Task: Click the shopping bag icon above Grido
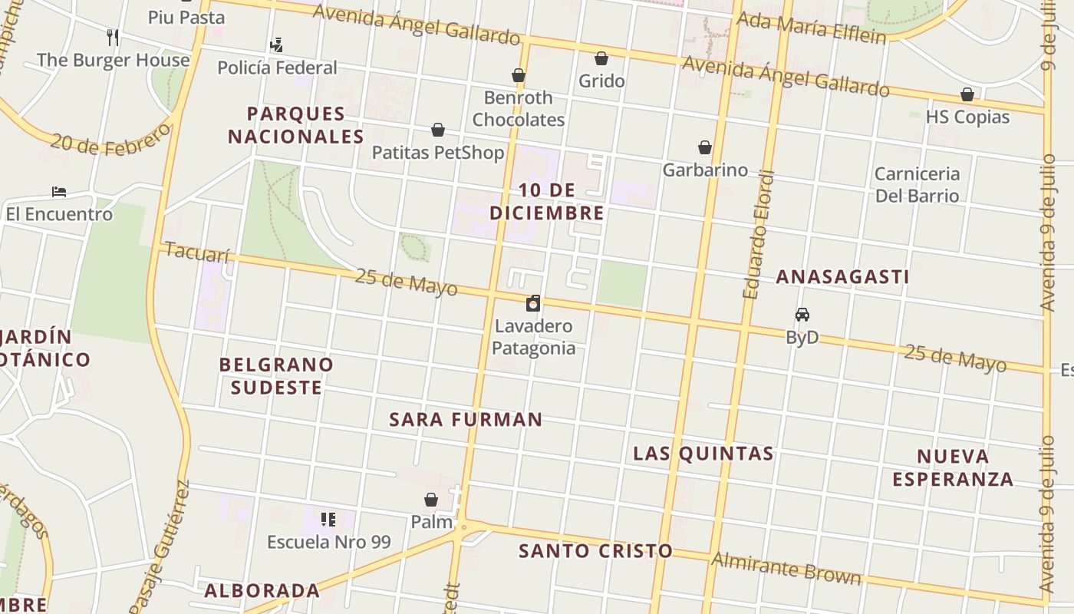pos(601,58)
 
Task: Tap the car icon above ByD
pos(802,315)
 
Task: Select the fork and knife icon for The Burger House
pos(113,37)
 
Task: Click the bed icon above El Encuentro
pos(59,191)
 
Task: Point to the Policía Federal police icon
pos(276,45)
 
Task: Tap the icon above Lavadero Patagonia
pos(533,303)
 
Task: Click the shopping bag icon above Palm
pos(431,500)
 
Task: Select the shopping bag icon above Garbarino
pos(704,147)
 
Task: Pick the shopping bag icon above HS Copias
pos(967,94)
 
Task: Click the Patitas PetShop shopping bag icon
pos(438,130)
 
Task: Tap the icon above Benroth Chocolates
pos(519,75)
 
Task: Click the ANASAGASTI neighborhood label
pos(842,277)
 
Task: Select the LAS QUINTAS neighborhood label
pos(703,454)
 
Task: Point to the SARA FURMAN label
pos(466,420)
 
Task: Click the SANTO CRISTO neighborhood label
pos(595,551)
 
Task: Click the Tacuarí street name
pos(197,252)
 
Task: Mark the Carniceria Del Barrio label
pos(917,185)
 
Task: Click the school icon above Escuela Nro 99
pos(328,520)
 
